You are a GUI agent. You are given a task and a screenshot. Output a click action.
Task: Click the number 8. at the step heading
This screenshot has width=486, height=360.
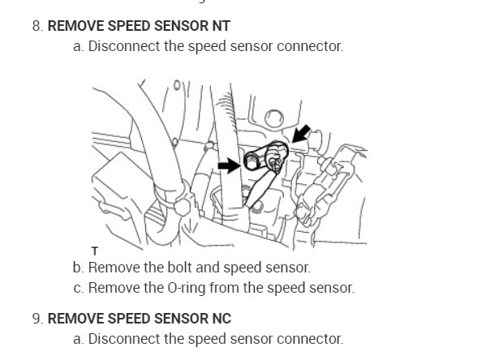[x=37, y=26]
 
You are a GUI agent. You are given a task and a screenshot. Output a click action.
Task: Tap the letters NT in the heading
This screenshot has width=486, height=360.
[x=221, y=26]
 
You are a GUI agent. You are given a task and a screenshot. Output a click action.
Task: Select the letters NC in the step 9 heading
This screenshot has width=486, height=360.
[x=221, y=319]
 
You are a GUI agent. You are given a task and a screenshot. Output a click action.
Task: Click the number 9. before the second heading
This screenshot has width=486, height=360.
[x=37, y=319]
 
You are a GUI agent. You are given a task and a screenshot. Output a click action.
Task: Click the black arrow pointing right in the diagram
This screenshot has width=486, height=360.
[x=230, y=165]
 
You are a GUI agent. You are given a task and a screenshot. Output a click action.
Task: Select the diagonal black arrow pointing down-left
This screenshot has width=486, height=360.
[x=300, y=134]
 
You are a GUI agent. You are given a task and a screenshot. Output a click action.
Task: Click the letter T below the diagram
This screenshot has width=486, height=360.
[x=95, y=251]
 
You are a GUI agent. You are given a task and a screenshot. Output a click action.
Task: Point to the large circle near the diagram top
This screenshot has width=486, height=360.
[x=274, y=118]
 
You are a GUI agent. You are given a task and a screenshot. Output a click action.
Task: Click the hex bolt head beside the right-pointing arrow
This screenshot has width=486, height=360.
[x=252, y=161]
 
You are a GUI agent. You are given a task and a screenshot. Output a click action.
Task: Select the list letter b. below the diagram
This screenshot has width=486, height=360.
[x=79, y=268]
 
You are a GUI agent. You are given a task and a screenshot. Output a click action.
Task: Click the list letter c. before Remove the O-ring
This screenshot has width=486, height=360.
[x=79, y=288]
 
